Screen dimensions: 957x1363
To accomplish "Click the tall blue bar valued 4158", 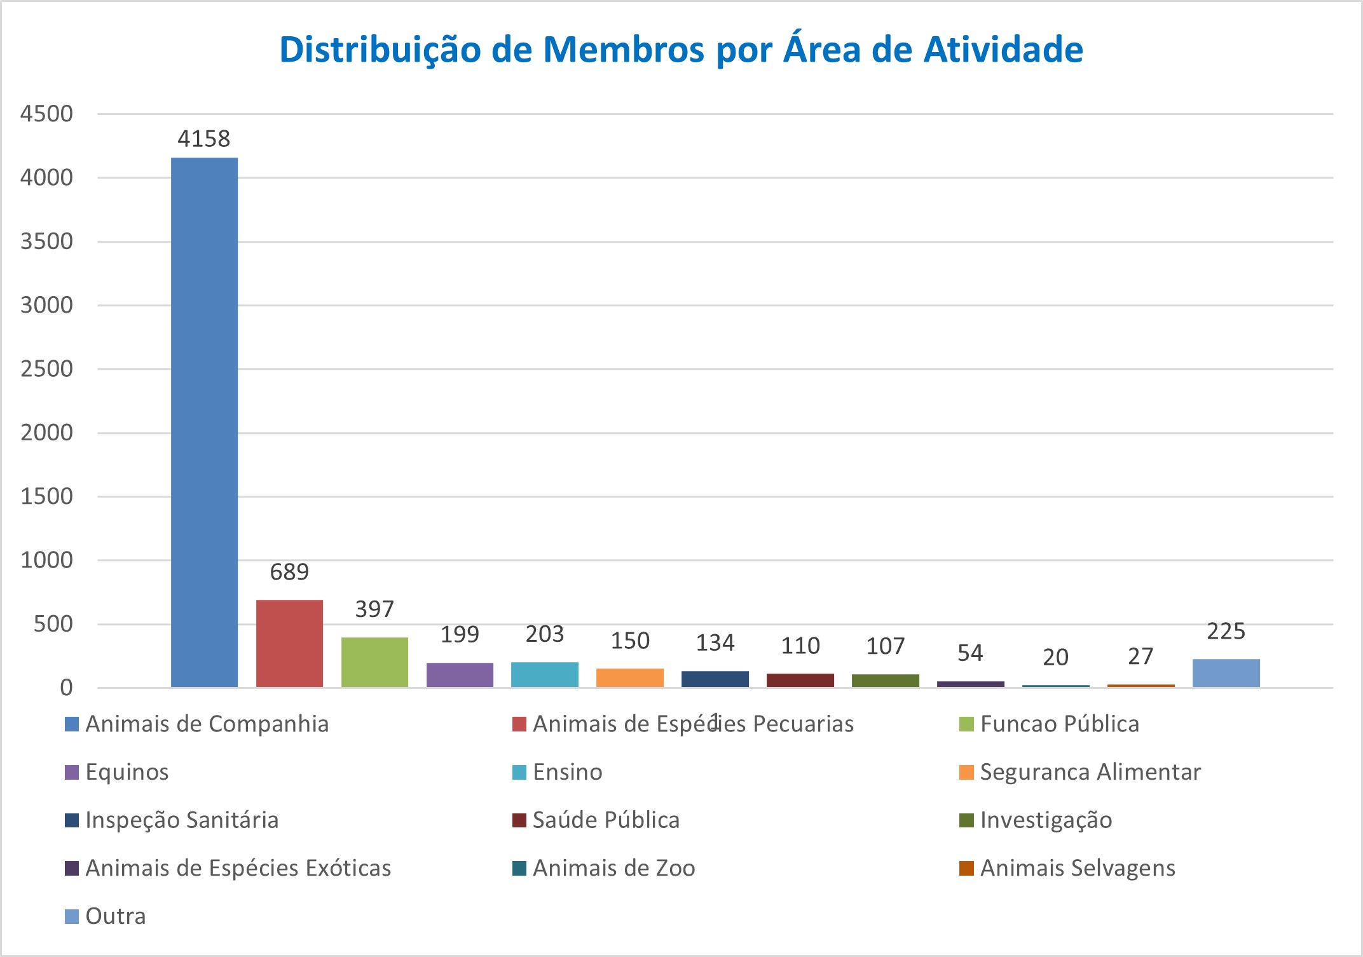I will pos(204,422).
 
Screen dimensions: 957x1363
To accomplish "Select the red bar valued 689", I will pos(289,643).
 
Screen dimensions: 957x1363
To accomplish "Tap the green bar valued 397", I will pos(374,662).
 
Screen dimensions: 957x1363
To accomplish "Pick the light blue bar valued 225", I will pos(1226,673).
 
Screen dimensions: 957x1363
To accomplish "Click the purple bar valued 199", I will pos(460,675).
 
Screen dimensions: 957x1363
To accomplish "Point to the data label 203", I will pos(545,634).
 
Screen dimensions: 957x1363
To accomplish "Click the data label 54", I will pos(970,653).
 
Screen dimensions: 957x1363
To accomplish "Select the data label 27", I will pos(1140,656).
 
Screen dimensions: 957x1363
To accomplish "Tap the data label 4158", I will pos(203,139).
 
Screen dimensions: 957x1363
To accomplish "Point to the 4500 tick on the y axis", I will pos(46,114).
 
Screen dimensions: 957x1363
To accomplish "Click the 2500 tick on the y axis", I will pos(46,369).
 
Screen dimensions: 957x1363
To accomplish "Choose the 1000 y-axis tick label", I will pos(46,560).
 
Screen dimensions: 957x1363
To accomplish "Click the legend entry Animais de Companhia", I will pos(207,724).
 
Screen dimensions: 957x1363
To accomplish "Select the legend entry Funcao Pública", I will pos(1059,724).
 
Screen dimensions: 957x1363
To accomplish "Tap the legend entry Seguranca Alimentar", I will pos(1090,772).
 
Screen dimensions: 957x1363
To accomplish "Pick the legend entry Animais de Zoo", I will pos(613,868).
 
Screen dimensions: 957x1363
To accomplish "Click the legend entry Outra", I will pos(115,916).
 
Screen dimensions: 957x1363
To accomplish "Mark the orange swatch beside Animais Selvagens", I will pos(966,868).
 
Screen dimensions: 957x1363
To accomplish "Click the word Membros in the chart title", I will pos(623,50).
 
